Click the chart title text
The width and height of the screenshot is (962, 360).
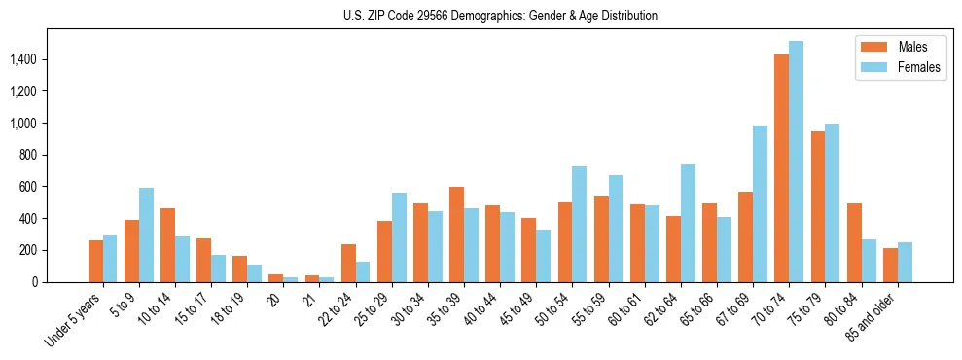click(x=500, y=16)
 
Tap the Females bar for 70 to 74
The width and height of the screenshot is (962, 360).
click(x=796, y=162)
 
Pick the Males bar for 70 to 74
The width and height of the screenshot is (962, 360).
click(x=781, y=168)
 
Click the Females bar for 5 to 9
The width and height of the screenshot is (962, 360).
click(x=146, y=234)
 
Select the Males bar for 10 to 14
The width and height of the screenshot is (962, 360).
click(x=167, y=245)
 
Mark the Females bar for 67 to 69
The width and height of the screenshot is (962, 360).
click(x=760, y=203)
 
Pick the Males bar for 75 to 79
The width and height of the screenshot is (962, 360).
click(x=818, y=206)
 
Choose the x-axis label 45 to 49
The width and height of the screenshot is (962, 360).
click(x=514, y=310)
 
